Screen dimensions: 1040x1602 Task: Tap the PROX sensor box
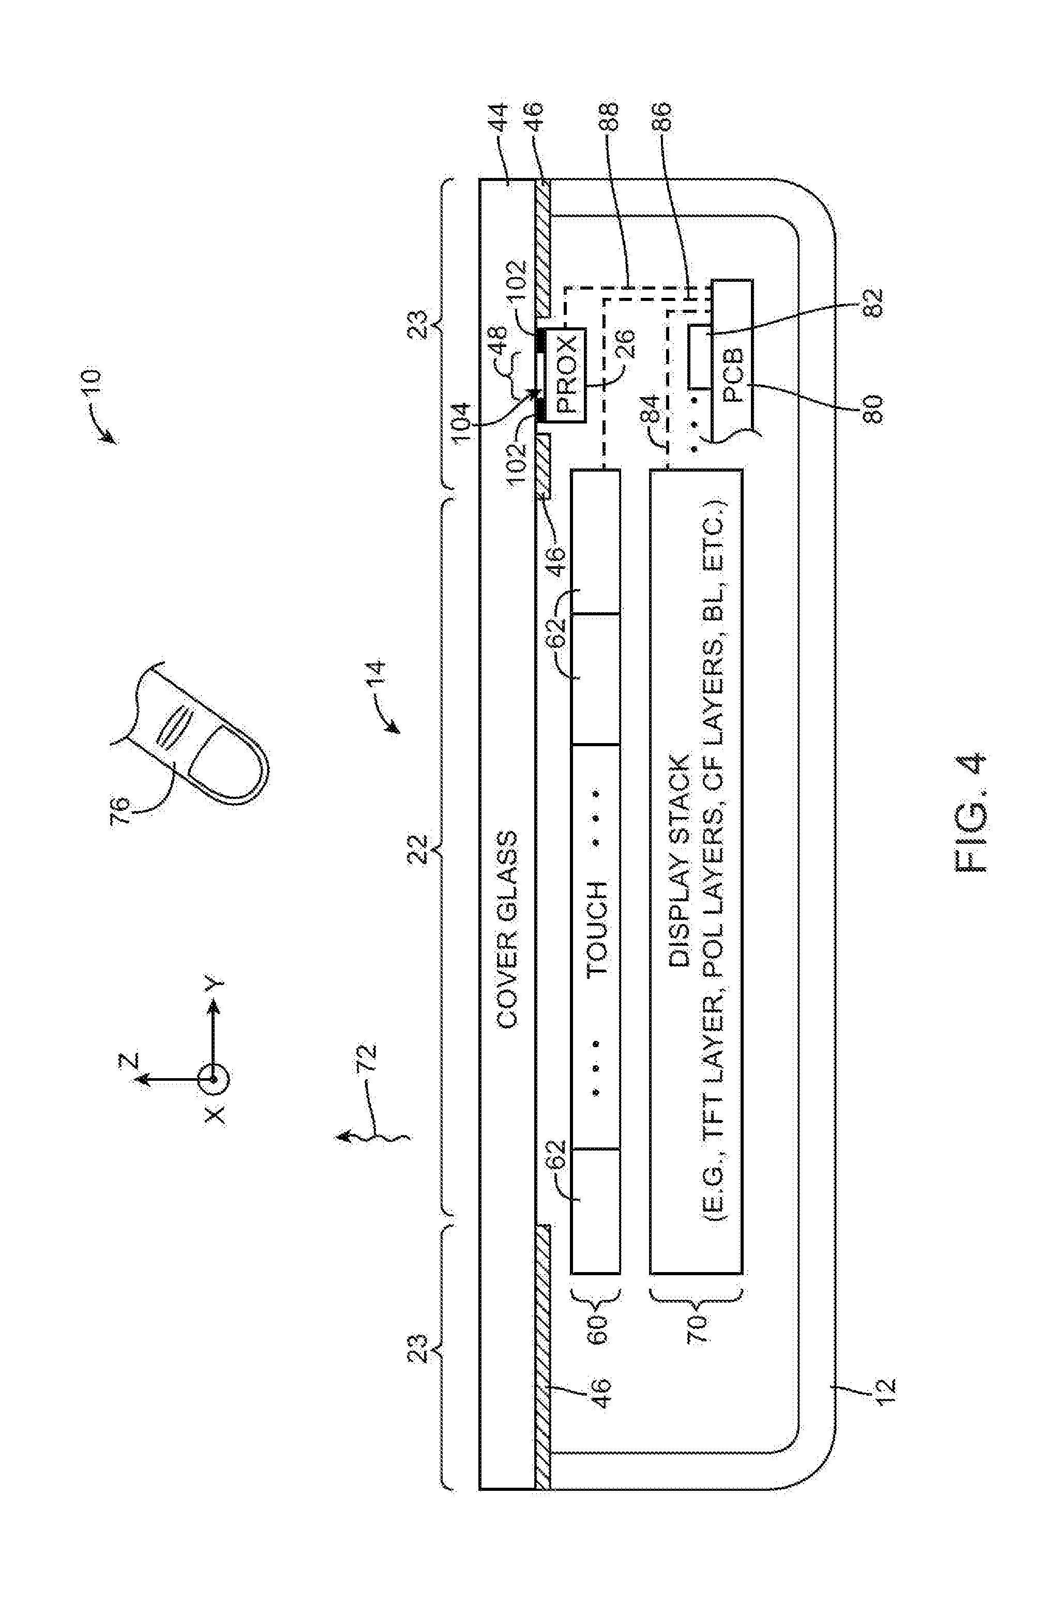(x=565, y=375)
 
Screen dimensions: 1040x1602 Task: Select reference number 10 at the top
(x=89, y=382)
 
